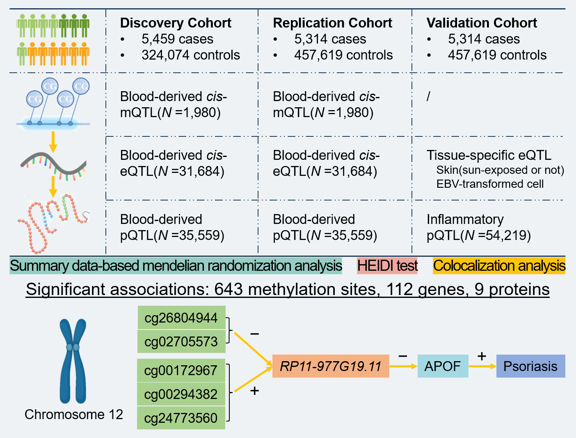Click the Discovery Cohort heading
[x=176, y=23]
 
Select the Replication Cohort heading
[x=332, y=23]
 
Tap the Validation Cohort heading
[x=482, y=23]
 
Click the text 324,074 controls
[x=190, y=55]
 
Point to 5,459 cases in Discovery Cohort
[x=177, y=39]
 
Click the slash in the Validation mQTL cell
[x=428, y=97]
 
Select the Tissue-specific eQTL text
[x=489, y=155]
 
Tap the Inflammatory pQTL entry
[x=478, y=227]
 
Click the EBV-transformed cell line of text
[x=490, y=184]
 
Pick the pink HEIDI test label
[x=387, y=266]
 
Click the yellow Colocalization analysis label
[x=499, y=266]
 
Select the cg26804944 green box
[x=181, y=318]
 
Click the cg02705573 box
[x=181, y=341]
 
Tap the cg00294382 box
[x=181, y=394]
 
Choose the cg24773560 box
[x=181, y=418]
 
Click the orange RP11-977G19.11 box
[x=331, y=366]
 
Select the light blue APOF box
[x=443, y=366]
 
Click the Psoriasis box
[x=530, y=366]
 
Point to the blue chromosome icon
[x=73, y=361]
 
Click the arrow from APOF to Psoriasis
[x=482, y=366]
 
